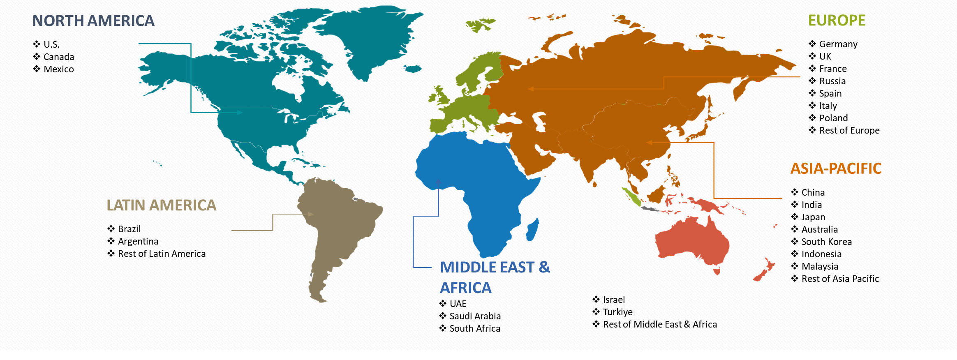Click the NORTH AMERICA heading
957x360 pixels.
click(x=93, y=21)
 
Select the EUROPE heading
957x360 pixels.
click(x=837, y=21)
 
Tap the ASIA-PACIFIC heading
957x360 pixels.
click(x=836, y=168)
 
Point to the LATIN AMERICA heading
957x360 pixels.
click(x=161, y=205)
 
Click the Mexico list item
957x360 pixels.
click(x=58, y=69)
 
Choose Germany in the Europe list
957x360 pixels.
click(x=838, y=44)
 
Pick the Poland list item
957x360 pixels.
click(x=833, y=118)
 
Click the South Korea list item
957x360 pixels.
click(x=826, y=242)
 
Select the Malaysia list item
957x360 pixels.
click(x=820, y=266)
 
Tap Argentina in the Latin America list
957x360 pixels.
click(x=138, y=241)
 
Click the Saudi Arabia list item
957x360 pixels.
click(x=475, y=316)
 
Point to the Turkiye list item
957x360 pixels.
click(x=617, y=312)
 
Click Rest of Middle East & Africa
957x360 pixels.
click(x=659, y=324)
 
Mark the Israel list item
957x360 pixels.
click(x=614, y=300)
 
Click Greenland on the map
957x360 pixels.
click(x=370, y=37)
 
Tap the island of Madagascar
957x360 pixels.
click(x=532, y=230)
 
